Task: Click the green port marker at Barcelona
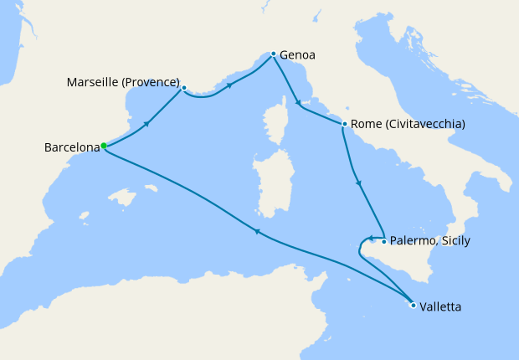tap(103, 146)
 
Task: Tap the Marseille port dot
tap(184, 87)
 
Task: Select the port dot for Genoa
tap(273, 54)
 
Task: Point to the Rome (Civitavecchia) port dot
tap(344, 125)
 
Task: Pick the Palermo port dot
tap(383, 242)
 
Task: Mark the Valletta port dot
tap(413, 305)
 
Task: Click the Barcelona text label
tap(70, 149)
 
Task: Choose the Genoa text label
tap(298, 56)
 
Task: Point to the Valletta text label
tap(440, 307)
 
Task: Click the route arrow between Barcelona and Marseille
tap(147, 124)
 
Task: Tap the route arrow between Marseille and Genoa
tap(229, 85)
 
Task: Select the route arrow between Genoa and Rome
tap(300, 102)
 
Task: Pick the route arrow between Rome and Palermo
tap(358, 183)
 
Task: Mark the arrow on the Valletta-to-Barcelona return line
tap(257, 232)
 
